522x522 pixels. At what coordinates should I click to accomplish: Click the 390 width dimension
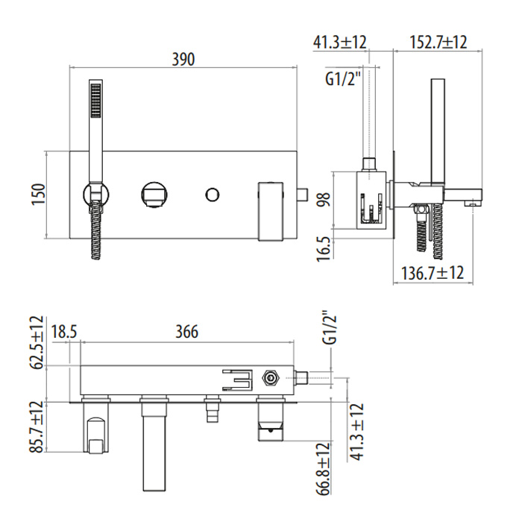click(183, 59)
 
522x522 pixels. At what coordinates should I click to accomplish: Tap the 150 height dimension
click(38, 195)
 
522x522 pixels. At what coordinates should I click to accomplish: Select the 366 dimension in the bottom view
click(187, 332)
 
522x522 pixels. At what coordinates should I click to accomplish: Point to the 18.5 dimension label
click(64, 332)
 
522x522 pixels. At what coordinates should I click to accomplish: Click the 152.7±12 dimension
click(438, 43)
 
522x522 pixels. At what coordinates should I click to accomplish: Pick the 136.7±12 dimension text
click(433, 273)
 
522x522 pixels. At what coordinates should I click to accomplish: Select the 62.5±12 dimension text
click(37, 342)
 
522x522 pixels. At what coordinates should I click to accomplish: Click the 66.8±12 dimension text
click(323, 469)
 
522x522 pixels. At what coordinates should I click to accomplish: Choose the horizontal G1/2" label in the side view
click(343, 79)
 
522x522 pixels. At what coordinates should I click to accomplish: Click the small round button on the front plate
click(212, 195)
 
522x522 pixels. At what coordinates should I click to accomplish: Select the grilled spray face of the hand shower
click(96, 100)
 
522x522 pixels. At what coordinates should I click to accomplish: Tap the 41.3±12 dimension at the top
click(339, 43)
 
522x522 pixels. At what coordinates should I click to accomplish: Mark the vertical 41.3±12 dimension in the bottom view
click(357, 432)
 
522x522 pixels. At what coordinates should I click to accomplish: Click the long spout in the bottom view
click(154, 443)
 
